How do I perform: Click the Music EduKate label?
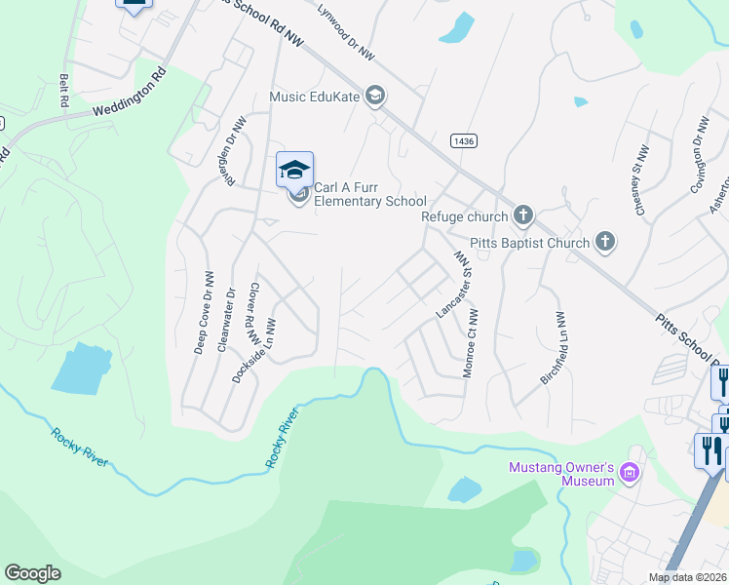tap(314, 96)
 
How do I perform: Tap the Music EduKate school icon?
tap(375, 96)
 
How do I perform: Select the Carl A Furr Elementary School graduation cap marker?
tap(295, 171)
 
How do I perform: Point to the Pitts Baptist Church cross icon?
tap(605, 242)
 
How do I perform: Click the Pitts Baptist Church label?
tap(529, 243)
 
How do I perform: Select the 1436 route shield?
tap(464, 141)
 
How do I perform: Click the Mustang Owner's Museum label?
tap(561, 473)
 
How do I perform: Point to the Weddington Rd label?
tap(130, 94)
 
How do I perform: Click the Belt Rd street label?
tap(64, 91)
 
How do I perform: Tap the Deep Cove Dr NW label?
tap(203, 312)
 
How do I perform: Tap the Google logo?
tap(33, 573)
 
